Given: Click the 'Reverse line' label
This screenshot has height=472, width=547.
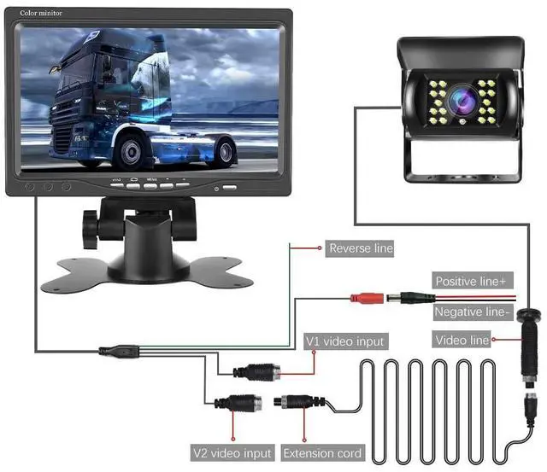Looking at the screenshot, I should (361, 248).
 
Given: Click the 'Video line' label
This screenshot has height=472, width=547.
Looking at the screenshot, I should (462, 341).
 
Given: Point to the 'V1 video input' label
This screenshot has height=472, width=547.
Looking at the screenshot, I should (345, 341).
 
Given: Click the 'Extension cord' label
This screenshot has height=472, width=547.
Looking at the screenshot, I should (322, 453).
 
